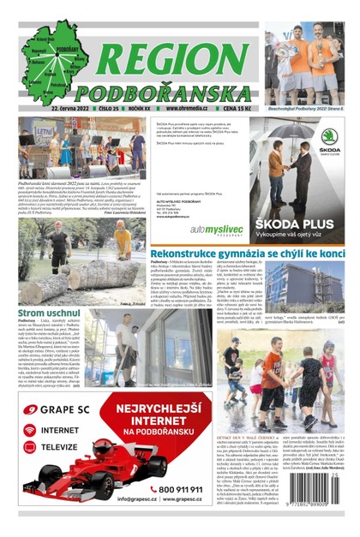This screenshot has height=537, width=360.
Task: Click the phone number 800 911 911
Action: pos(172,489)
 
